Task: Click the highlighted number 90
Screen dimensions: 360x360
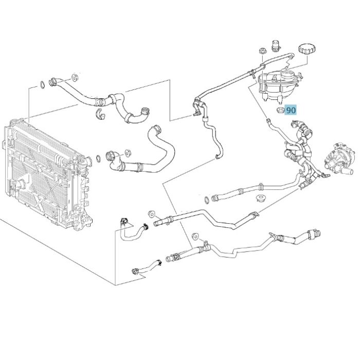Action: [x=291, y=110]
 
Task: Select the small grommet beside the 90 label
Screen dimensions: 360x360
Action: [x=280, y=110]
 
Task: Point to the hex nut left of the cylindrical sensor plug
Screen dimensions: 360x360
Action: [x=262, y=51]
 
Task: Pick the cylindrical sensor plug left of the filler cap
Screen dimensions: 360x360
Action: [x=276, y=46]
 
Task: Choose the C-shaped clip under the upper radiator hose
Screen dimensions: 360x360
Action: [x=100, y=114]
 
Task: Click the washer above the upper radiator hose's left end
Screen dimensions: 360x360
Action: [x=75, y=77]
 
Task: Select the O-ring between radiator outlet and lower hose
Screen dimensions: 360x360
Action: [x=98, y=158]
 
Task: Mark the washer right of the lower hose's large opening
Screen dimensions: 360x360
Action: [x=128, y=153]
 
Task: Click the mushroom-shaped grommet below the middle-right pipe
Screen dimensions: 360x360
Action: [x=260, y=199]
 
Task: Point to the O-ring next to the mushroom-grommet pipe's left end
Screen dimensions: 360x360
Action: [x=207, y=200]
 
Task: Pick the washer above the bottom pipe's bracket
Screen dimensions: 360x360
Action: [x=195, y=236]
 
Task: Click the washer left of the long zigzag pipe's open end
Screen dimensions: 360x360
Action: [x=152, y=214]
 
